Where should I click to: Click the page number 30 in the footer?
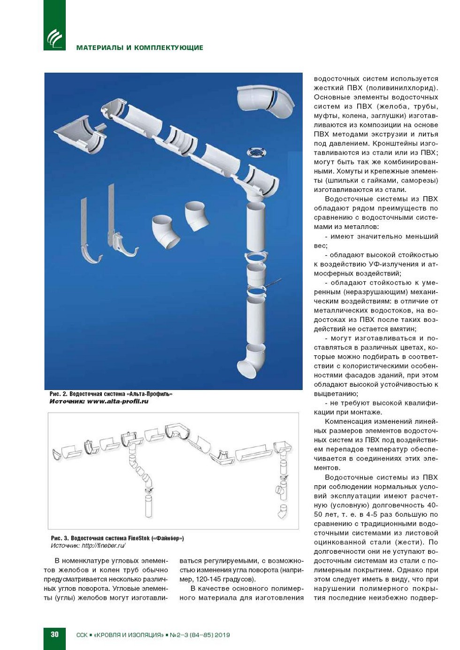[x=54, y=634]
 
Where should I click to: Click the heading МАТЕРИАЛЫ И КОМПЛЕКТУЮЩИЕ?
[x=139, y=47]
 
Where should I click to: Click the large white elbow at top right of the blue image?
[x=266, y=101]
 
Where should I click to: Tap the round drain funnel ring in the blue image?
[x=256, y=153]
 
